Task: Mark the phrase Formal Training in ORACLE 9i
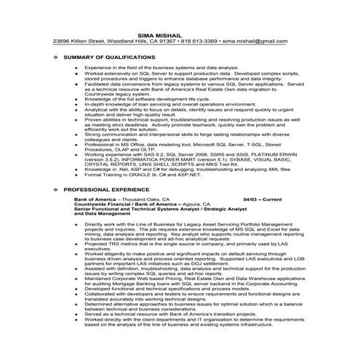124,175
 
